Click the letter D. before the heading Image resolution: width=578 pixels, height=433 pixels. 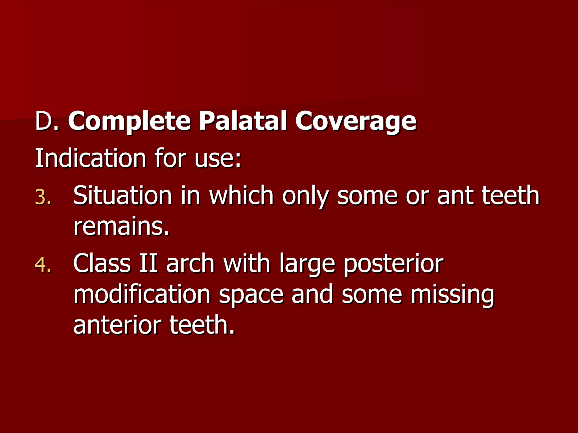47,121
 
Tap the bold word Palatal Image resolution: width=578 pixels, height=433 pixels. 243,121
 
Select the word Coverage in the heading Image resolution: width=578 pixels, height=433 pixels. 356,121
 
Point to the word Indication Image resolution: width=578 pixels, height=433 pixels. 90,158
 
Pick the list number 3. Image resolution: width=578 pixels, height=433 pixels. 43,197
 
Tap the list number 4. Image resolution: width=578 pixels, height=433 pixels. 43,266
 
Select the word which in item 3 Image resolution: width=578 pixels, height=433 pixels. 241,196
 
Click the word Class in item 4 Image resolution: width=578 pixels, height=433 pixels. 102,264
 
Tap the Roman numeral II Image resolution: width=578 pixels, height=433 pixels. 148,264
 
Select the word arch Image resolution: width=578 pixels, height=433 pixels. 190,264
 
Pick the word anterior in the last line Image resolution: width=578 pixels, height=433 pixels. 117,326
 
